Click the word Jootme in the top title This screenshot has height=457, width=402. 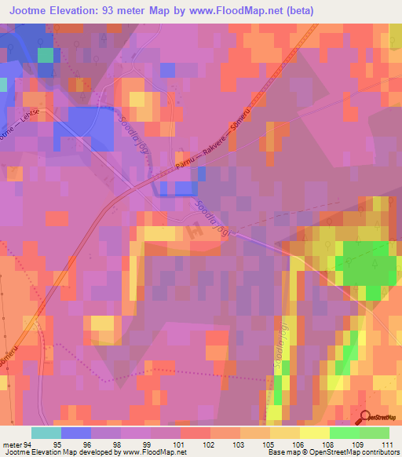click(x=24, y=9)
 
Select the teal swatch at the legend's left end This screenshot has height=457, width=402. click(x=46, y=433)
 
